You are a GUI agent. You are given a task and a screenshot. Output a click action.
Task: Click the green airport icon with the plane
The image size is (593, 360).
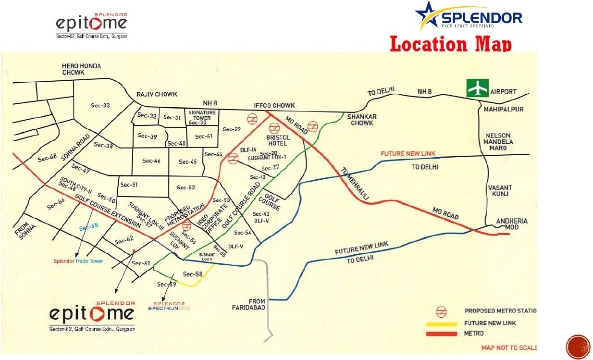[x=477, y=88]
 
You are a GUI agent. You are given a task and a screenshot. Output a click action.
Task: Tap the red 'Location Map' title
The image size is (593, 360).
[x=450, y=44]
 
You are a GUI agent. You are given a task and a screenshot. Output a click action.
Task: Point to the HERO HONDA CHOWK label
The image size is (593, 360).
[x=81, y=69]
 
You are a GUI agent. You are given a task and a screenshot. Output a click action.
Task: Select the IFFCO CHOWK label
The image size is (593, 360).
[x=274, y=106]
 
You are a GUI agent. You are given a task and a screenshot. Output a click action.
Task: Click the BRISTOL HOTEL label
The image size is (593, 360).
[x=277, y=140]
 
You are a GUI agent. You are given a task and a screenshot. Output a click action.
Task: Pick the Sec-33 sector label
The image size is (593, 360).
[x=100, y=106]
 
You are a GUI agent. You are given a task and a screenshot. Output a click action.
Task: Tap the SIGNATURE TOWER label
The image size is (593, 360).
[x=202, y=115]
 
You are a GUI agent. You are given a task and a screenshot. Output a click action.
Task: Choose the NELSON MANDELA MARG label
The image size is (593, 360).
[x=499, y=142]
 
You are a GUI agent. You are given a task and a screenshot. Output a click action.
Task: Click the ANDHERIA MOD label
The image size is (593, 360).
[x=512, y=224]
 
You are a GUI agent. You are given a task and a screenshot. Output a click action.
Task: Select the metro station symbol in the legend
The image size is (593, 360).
[x=441, y=311]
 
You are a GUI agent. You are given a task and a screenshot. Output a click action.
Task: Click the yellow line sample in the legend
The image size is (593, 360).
[x=441, y=324]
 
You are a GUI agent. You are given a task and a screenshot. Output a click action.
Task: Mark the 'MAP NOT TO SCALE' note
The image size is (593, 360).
[x=509, y=348]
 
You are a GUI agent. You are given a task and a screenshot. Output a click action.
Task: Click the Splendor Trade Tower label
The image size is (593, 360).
[x=78, y=261]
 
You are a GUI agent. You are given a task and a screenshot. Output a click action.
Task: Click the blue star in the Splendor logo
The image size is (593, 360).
[x=427, y=14]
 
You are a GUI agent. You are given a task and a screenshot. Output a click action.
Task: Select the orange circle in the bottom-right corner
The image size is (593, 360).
[x=578, y=347]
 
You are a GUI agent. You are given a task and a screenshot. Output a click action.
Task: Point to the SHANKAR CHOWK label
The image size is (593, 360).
[x=362, y=120]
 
